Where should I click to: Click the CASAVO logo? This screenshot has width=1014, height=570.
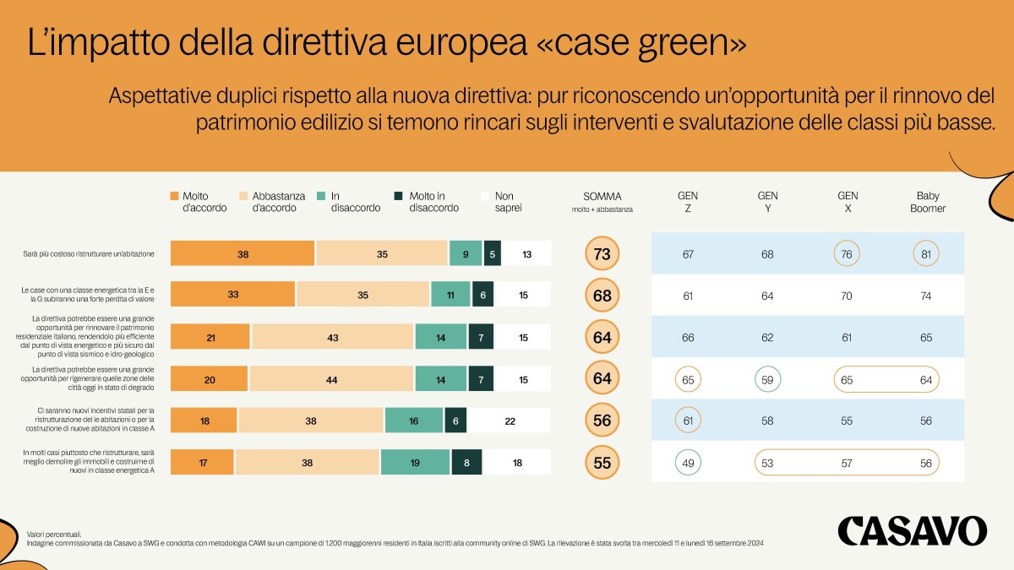coord(912,531)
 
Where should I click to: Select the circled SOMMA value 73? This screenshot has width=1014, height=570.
coord(602,253)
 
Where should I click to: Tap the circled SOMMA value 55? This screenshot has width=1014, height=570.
coord(602,462)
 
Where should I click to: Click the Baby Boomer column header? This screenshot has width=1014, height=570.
coord(926,202)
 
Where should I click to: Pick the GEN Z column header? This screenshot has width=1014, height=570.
coord(687,202)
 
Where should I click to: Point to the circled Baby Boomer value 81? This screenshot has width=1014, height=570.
coord(926,254)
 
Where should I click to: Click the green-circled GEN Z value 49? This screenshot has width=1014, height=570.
coord(687,463)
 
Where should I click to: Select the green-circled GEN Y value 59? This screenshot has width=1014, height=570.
coord(767,380)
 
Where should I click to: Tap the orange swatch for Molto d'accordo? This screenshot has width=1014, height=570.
coord(175,196)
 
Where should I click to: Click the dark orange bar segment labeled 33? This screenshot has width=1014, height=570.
coord(232,295)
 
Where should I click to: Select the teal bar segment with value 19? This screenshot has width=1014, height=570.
coord(415,463)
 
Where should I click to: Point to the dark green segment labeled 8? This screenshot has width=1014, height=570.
coord(466,463)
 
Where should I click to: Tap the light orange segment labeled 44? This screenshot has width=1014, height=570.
coord(330,380)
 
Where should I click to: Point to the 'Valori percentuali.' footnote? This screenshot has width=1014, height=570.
coord(54,535)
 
